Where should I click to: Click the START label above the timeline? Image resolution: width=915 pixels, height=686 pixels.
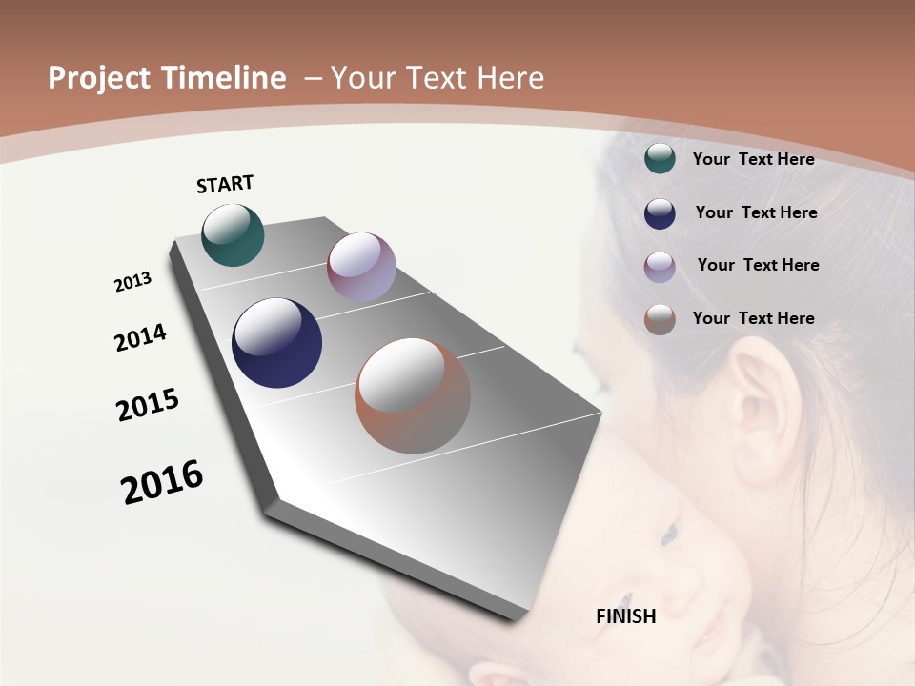coord(225,184)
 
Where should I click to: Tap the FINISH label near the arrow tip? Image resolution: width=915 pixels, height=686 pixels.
coord(626,616)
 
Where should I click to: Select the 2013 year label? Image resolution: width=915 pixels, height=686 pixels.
coord(132,282)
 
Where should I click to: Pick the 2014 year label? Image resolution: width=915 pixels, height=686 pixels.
coord(140,338)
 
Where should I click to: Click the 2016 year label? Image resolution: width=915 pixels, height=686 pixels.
coord(162,482)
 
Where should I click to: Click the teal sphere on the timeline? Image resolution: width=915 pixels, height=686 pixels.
coord(233,235)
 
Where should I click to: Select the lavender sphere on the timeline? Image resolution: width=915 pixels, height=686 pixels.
coord(361,267)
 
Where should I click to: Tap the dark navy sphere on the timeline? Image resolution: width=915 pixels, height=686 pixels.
coord(276,343)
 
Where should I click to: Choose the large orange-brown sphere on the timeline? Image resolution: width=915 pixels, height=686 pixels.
coord(413,396)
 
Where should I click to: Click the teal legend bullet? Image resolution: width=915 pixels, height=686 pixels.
coord(660,158)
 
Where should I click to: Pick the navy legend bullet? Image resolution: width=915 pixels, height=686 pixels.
coord(660,213)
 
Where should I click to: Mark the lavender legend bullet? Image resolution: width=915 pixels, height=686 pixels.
coord(660,267)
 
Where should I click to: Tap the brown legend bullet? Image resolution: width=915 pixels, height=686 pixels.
coord(660,319)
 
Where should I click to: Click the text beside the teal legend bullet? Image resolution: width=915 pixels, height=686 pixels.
coord(753,159)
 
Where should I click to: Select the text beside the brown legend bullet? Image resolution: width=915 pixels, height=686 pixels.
coord(753,318)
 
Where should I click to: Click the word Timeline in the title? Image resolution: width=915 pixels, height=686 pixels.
coord(224,78)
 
